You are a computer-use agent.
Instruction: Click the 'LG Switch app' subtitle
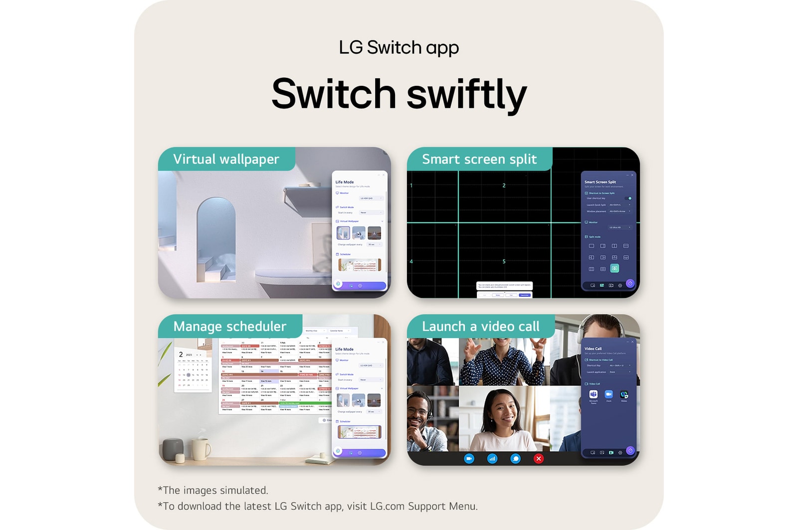point(399,48)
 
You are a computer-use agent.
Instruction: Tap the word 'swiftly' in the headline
point(467,95)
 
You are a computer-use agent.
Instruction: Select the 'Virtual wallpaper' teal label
point(226,159)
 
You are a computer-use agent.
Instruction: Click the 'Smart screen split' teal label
point(479,159)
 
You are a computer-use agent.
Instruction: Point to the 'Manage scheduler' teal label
point(229,326)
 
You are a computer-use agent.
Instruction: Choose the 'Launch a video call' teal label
point(480,326)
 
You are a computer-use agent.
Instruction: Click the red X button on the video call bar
point(539,459)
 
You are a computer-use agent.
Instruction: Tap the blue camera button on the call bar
point(469,459)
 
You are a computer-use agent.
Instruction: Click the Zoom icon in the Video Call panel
point(608,394)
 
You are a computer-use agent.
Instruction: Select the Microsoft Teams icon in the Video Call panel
point(593,394)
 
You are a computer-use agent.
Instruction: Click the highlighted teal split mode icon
point(614,268)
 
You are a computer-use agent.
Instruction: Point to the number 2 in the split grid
point(504,186)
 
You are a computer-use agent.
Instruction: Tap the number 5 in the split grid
point(504,262)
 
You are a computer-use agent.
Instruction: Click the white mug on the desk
point(200,449)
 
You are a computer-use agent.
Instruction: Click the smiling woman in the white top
point(503,419)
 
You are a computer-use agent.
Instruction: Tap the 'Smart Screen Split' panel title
point(600,182)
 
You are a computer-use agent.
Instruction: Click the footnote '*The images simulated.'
point(213,490)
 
